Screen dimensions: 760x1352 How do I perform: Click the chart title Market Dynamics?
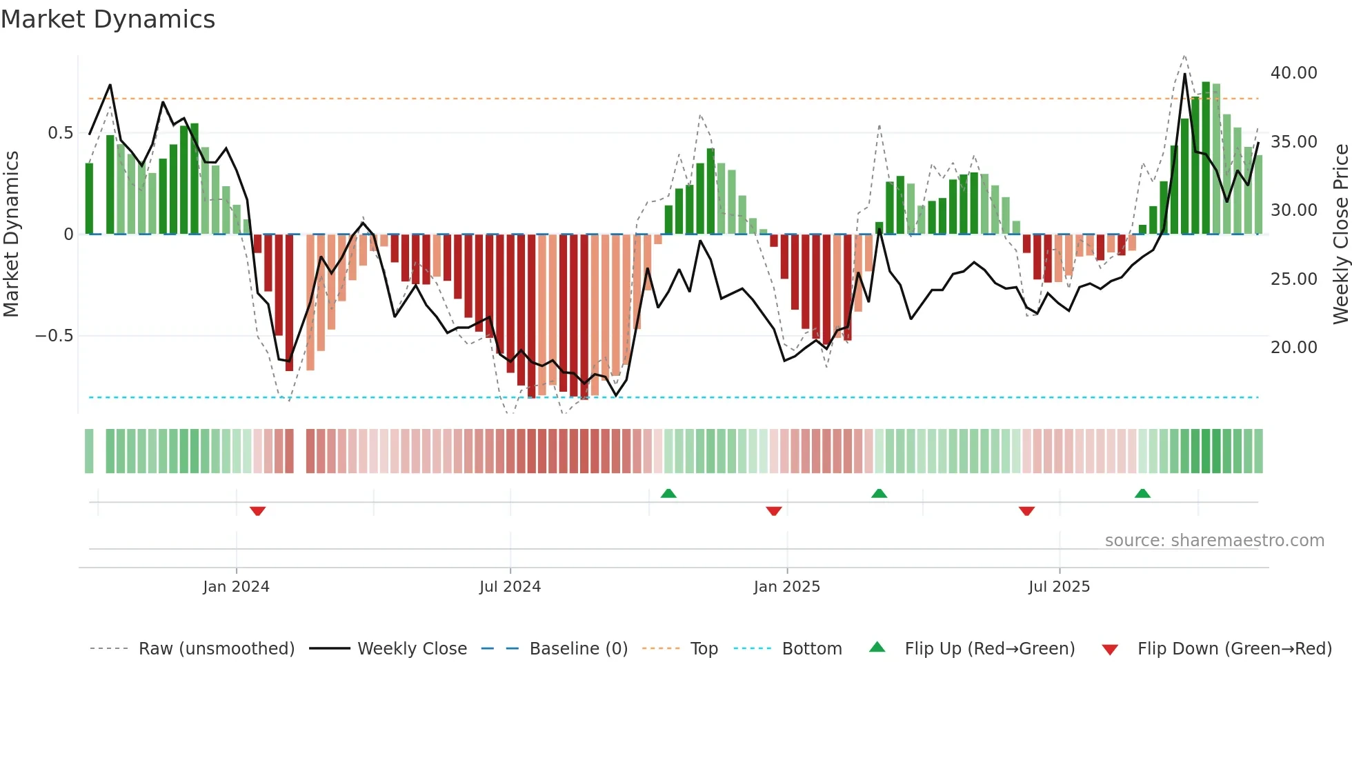tap(108, 19)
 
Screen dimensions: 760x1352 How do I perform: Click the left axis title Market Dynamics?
tap(11, 234)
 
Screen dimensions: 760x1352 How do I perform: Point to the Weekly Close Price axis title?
tap(1340, 234)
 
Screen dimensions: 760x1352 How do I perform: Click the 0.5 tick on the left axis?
tap(60, 133)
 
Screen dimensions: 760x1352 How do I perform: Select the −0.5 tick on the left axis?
tap(54, 336)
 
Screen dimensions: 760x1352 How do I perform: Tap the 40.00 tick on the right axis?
tap(1293, 73)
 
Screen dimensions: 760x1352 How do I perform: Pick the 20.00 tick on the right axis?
tap(1293, 348)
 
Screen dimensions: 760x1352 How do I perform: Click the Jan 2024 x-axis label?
tap(236, 587)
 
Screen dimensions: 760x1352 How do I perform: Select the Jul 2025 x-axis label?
tap(1059, 587)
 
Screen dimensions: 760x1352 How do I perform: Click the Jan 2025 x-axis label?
tap(786, 587)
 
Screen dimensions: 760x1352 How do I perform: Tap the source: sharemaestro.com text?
tap(1214, 541)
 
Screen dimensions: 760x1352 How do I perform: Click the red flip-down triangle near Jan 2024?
tap(258, 511)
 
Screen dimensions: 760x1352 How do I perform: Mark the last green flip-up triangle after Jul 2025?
tap(1142, 493)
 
